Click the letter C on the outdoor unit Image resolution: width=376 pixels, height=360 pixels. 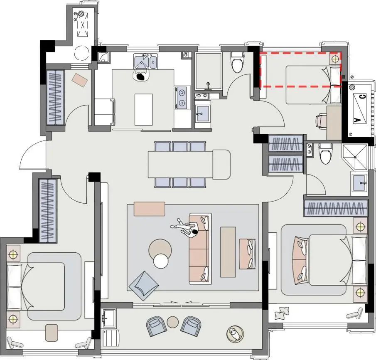click(363, 97)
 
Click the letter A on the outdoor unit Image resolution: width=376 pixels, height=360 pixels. click(357, 120)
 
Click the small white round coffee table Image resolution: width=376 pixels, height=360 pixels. click(161, 261)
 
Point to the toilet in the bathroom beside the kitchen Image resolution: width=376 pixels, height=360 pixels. click(237, 62)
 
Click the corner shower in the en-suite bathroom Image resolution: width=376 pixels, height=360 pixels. click(355, 156)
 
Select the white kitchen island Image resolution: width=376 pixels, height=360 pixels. click(144, 109)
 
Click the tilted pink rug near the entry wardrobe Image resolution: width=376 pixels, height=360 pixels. click(80, 80)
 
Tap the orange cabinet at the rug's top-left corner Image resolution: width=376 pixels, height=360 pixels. click(150, 209)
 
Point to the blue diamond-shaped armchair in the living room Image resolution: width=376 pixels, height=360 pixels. click(144, 286)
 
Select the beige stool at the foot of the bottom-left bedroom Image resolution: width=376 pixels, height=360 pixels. click(52, 333)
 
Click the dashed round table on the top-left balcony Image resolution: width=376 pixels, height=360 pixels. click(81, 53)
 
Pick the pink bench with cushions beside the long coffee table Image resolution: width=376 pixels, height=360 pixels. click(248, 254)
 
